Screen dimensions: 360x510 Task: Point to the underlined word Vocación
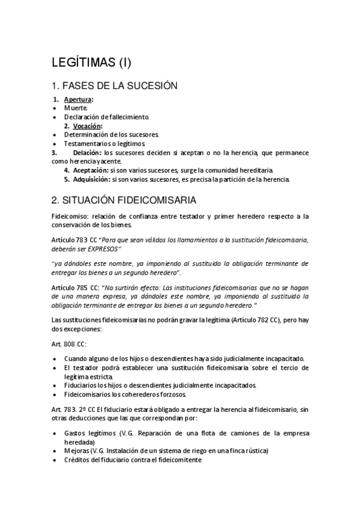[87, 126]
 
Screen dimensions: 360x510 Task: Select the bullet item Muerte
[76, 108]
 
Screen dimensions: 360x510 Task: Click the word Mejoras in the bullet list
[76, 450]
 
